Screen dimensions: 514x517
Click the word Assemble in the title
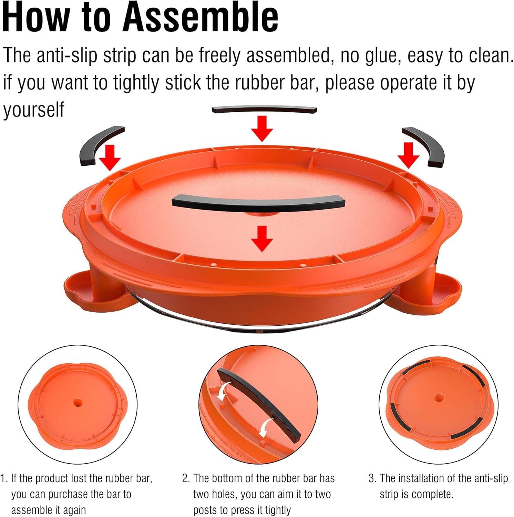(201, 17)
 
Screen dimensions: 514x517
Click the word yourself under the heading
(33, 110)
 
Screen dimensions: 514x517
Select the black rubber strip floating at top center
(264, 110)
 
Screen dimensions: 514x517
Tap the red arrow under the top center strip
(262, 129)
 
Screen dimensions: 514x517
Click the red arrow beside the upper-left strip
(110, 158)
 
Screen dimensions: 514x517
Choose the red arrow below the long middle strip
(262, 239)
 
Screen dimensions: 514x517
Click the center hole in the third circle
(439, 397)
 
